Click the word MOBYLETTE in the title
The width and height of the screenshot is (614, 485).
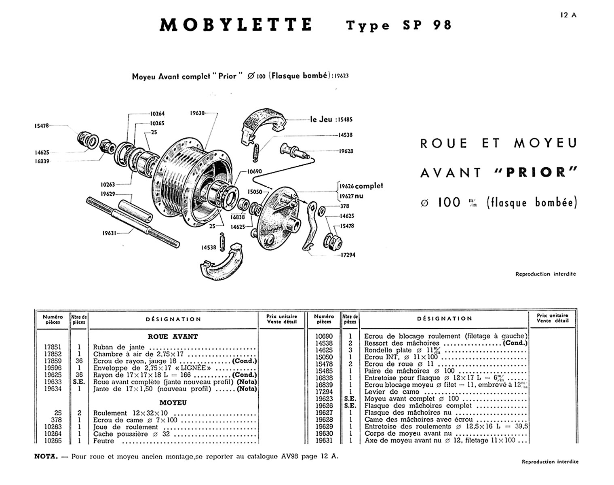click(x=236, y=25)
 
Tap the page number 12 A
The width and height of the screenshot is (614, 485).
click(x=568, y=15)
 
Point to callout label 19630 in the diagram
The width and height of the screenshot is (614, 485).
click(x=197, y=114)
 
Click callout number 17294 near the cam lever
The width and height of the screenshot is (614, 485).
click(x=348, y=255)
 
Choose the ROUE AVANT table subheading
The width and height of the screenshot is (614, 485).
click(x=173, y=336)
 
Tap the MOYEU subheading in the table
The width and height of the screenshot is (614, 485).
click(x=173, y=403)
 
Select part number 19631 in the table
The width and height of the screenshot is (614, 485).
click(x=324, y=440)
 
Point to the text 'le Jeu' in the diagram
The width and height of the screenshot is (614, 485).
click(x=321, y=119)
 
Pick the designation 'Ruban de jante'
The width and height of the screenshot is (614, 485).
click(x=119, y=347)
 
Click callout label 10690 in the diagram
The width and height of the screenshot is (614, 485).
click(x=254, y=171)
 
